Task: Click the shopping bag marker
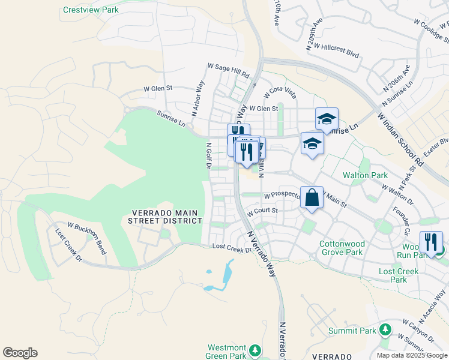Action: pos(312,197)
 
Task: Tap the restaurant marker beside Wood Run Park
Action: pos(431,242)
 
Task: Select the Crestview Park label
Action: pos(91,10)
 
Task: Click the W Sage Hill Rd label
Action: pos(228,70)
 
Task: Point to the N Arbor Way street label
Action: pos(198,98)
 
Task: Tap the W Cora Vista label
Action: pos(280,92)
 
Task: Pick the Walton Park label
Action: pos(363,175)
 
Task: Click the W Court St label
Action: pos(263,211)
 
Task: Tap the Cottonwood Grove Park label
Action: pos(341,248)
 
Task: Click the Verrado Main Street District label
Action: pos(164,217)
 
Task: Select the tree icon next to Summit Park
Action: pos(385,330)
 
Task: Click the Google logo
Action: pos(20,353)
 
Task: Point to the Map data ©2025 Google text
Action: pos(411,355)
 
